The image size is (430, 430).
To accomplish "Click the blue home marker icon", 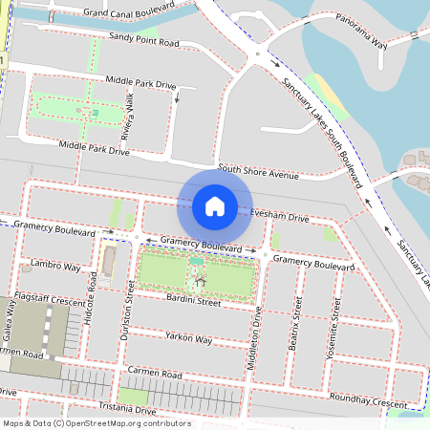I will tap(215, 205).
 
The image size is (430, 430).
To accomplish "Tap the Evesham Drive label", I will tap(279, 217).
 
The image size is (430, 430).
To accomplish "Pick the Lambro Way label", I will tap(54, 265).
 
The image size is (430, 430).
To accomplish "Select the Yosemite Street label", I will tap(335, 321).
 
